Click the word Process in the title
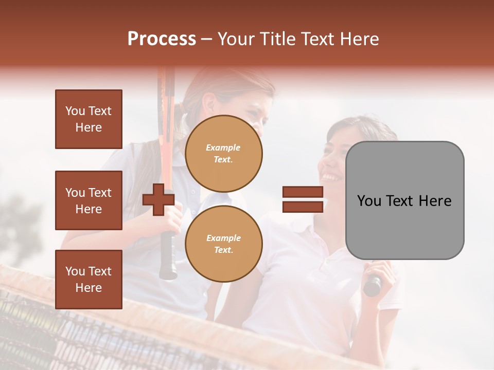click(x=162, y=39)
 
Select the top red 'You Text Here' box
click(x=89, y=119)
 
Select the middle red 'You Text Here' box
click(x=89, y=200)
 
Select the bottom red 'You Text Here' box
click(x=89, y=280)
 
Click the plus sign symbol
click(x=158, y=199)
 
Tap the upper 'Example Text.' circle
click(x=224, y=154)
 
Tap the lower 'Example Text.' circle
click(x=224, y=244)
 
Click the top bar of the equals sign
click(x=303, y=192)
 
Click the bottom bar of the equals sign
click(x=303, y=207)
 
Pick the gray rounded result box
click(x=405, y=231)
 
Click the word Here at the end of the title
click(x=358, y=39)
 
